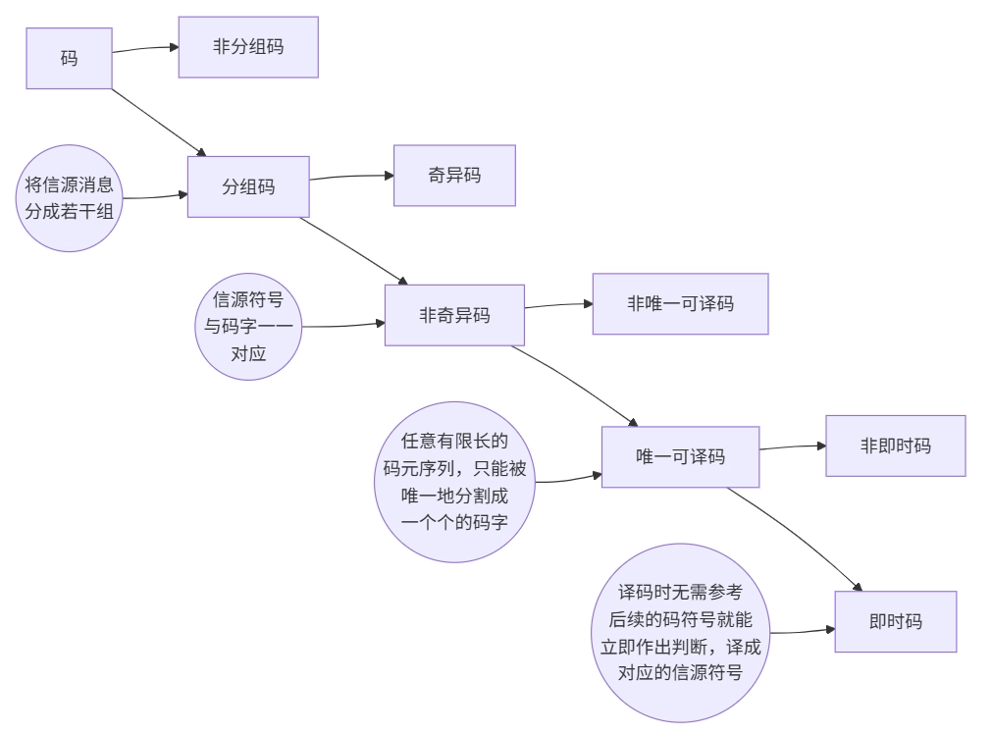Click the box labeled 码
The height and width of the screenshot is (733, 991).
pyautogui.click(x=69, y=58)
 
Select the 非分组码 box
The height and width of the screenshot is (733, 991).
pyautogui.click(x=248, y=46)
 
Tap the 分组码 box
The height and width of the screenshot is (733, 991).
pyautogui.click(x=248, y=186)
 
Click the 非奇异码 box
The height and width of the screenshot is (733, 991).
pyautogui.click(x=454, y=315)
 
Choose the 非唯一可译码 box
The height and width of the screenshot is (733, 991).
pyautogui.click(x=680, y=303)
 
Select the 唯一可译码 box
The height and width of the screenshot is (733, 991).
pyautogui.click(x=680, y=456)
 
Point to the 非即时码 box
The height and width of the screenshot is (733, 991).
pyautogui.click(x=895, y=445)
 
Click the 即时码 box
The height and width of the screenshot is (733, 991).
pyautogui.click(x=895, y=621)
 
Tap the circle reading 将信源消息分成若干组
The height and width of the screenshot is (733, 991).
pyautogui.click(x=70, y=198)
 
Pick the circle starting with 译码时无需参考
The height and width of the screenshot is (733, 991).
pyautogui.click(x=680, y=633)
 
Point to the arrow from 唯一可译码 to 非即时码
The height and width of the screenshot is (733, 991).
pyautogui.click(x=793, y=446)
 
